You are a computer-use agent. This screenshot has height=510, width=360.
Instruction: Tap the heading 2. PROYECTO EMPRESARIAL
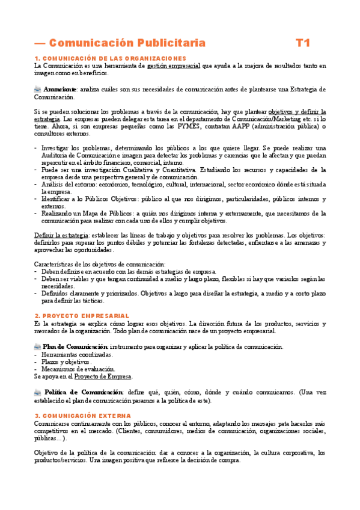pos(82,316)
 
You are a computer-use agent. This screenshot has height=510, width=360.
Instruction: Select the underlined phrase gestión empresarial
pos(174,66)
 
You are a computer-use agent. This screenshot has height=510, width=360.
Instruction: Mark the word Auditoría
pos(57,156)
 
